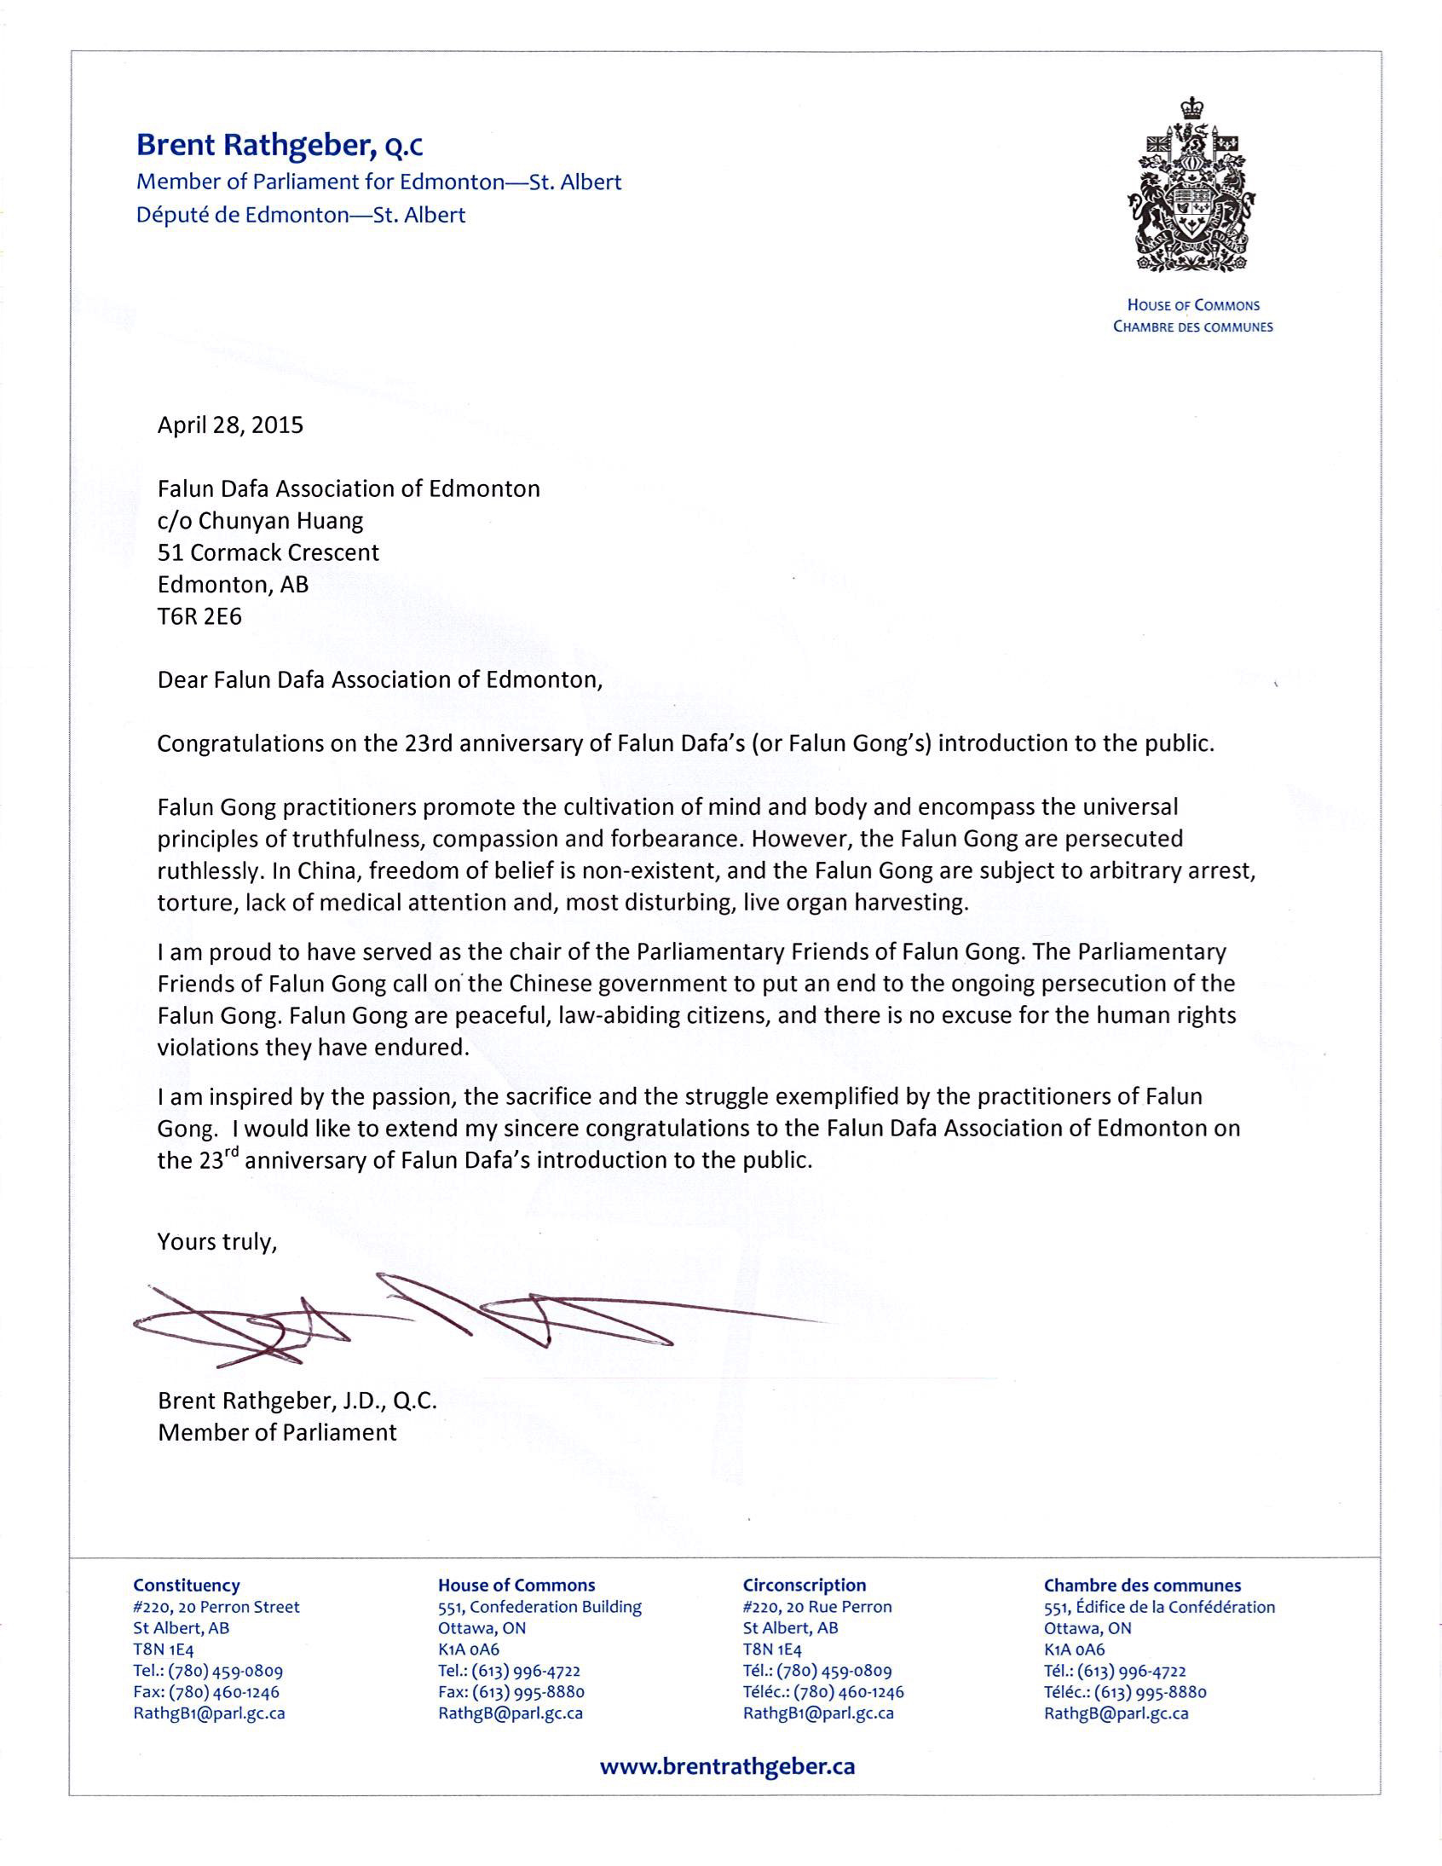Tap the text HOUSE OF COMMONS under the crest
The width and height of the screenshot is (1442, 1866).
(1192, 305)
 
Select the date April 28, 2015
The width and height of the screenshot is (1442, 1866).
(230, 425)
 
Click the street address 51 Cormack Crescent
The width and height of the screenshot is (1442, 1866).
(268, 552)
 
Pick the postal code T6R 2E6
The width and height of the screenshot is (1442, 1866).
(199, 617)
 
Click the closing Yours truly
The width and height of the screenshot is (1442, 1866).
(217, 1241)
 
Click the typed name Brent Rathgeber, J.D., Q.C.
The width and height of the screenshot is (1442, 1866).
(297, 1401)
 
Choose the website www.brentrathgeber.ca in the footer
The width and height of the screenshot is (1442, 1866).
(727, 1767)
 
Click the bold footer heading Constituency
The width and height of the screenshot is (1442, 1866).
(187, 1586)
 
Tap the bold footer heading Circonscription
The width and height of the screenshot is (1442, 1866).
(804, 1586)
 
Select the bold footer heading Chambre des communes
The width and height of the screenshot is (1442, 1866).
(1142, 1586)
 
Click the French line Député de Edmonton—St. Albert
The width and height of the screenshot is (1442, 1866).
(301, 216)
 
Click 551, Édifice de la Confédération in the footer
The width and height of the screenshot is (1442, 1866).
(1159, 1607)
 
